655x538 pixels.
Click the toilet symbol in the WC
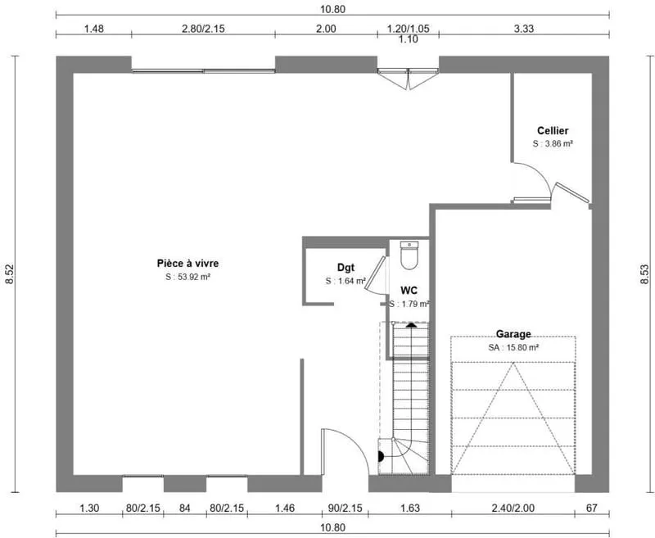409,255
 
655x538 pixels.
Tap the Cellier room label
553,131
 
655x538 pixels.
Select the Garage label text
513,334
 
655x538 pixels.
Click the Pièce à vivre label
187,263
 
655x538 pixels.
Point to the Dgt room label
346,268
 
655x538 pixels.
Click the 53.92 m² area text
187,277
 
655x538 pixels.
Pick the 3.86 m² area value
553,143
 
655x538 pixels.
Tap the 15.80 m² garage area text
513,347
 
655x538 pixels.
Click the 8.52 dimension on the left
10,274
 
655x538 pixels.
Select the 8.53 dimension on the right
645,274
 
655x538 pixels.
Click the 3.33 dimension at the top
524,29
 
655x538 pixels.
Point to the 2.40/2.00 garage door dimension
513,508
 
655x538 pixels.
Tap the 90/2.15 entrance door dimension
345,508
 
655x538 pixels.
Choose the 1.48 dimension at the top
93,29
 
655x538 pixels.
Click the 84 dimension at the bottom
185,508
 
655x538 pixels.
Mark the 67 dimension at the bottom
592,508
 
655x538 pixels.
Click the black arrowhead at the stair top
412,324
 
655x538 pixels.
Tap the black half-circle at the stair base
381,457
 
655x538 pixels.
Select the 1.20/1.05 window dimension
408,29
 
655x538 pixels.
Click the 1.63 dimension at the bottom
410,508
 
